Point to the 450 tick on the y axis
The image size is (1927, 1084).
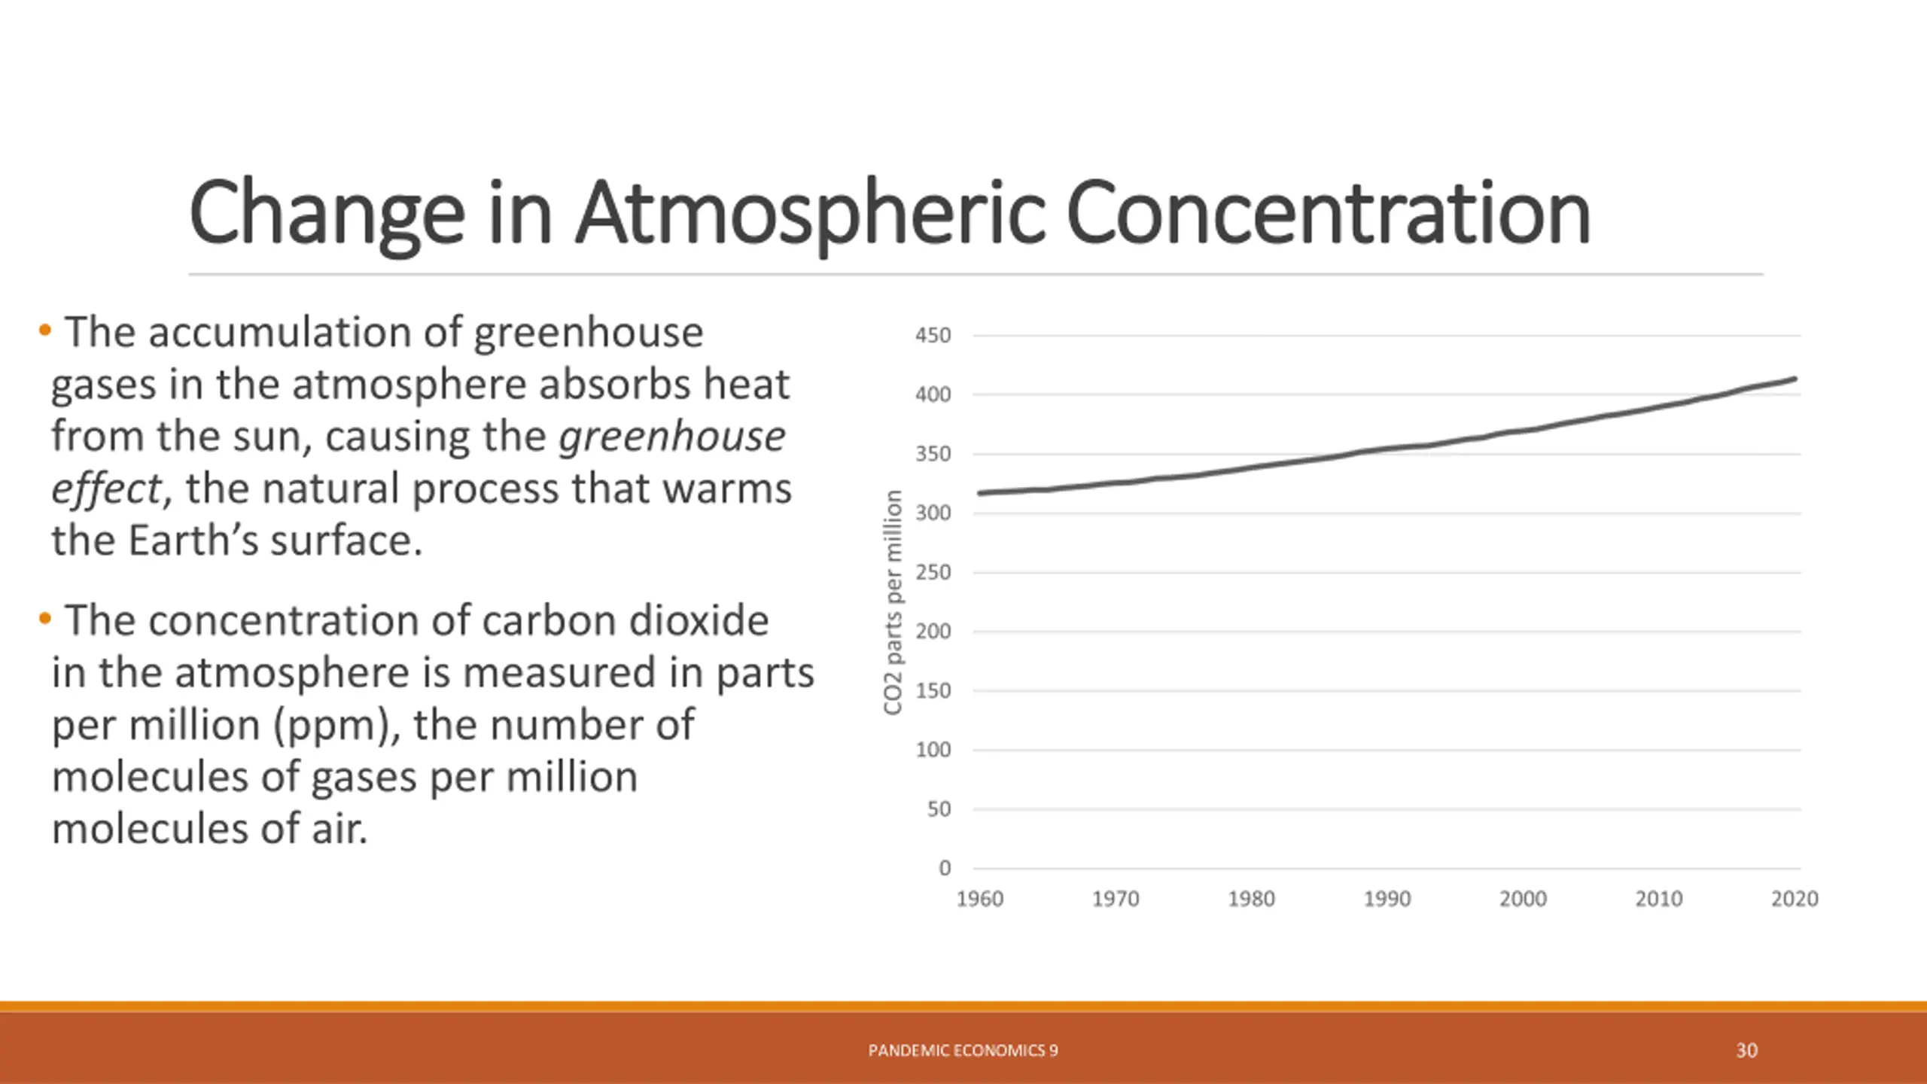[x=933, y=336]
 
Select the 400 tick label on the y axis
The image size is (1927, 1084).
[x=933, y=394]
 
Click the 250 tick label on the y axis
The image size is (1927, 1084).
[x=933, y=573]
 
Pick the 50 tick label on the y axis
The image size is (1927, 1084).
[x=939, y=809]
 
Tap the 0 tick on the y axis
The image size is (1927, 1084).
[x=945, y=868]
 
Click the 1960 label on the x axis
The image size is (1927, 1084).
[x=979, y=899]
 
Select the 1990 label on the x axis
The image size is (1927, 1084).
[x=1387, y=899]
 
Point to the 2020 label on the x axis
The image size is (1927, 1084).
[x=1794, y=899]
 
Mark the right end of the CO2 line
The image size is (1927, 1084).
[x=1795, y=379]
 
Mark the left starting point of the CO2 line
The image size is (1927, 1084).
[x=980, y=494]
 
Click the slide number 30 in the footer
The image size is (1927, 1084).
[x=1746, y=1050]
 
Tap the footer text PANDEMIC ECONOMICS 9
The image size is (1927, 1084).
[x=963, y=1050]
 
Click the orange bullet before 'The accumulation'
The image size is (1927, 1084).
[x=45, y=330]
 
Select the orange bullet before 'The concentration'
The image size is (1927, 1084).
[x=45, y=619]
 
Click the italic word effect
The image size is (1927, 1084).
[x=106, y=489]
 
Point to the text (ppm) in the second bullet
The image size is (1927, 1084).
[x=336, y=726]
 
